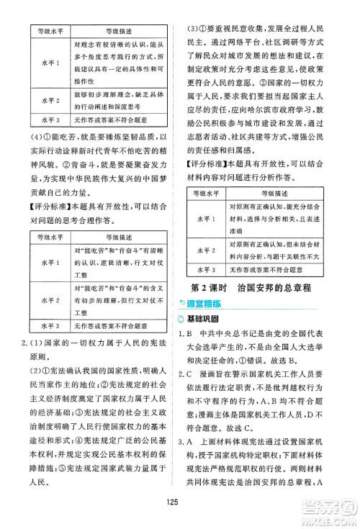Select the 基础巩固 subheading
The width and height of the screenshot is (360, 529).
[x=214, y=319]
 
